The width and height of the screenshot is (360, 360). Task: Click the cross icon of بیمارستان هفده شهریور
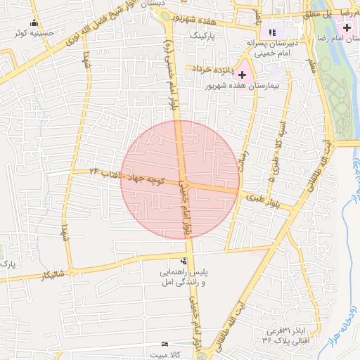click(x=243, y=74)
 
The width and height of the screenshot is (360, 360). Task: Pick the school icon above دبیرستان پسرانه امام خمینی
click(x=272, y=32)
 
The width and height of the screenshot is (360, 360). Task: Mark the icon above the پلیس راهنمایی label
click(x=184, y=260)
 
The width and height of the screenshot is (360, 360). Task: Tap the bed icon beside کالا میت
click(x=165, y=344)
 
